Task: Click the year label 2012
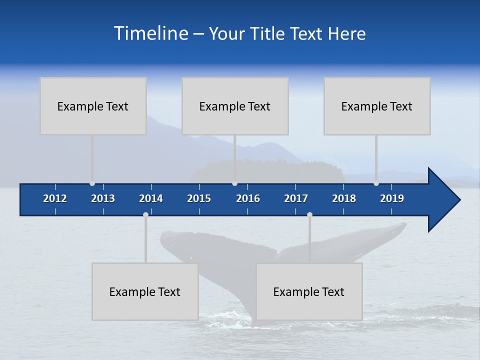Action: point(55,198)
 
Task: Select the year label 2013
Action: point(103,198)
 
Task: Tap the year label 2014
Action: point(151,198)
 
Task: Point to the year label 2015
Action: point(199,198)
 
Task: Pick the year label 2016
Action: point(248,198)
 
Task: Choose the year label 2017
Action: point(296,198)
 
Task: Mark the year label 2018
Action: point(344,198)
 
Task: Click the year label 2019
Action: point(392,198)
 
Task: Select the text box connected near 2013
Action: point(93,106)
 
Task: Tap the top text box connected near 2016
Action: point(235,106)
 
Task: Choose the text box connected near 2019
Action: point(377,106)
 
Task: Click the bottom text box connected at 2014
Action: point(145,291)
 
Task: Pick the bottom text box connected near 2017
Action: point(309,291)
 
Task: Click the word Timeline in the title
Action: point(150,33)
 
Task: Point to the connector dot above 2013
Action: point(92,183)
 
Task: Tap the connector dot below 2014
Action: point(145,214)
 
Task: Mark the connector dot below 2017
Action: point(309,214)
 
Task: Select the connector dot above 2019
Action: point(376,183)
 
